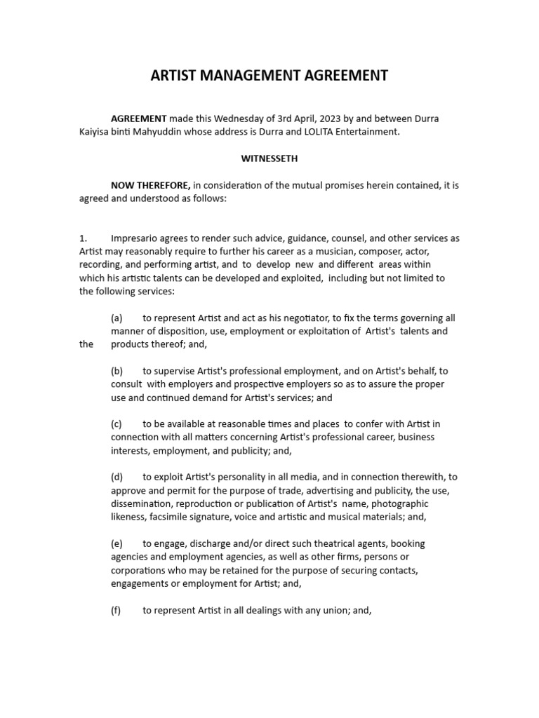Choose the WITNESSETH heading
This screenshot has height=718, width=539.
pos(269,158)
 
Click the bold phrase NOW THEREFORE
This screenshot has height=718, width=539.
pos(150,185)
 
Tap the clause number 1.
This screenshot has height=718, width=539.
pos(83,238)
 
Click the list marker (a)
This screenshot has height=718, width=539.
pos(117,318)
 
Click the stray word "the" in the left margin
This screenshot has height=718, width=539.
pos(86,344)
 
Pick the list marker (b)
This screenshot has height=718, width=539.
pos(117,371)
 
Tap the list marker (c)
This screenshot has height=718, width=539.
pos(117,424)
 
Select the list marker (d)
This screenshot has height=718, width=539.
pos(117,477)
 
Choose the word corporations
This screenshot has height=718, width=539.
pos(139,570)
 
